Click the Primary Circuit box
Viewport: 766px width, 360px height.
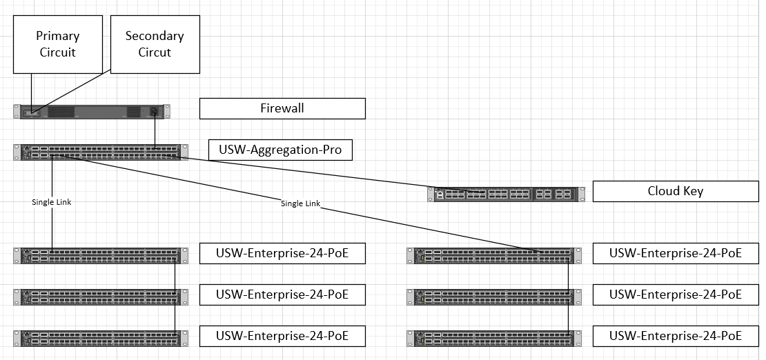[57, 44]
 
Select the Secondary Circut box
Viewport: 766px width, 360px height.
[155, 44]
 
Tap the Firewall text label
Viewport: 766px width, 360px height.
[282, 108]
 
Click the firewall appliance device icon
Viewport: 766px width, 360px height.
[91, 111]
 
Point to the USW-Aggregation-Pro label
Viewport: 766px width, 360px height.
[280, 150]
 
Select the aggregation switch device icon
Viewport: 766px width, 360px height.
[100, 152]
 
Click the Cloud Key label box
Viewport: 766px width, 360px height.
[675, 191]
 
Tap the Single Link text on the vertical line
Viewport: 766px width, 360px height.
[52, 202]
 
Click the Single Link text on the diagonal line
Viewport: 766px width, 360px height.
[300, 203]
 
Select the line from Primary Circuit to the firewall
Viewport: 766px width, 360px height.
[32, 90]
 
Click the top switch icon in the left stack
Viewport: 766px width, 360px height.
[100, 255]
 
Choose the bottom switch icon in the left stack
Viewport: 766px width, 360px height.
[100, 337]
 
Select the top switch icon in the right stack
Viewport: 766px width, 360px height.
[494, 255]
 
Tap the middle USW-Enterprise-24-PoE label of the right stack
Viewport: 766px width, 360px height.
[675, 294]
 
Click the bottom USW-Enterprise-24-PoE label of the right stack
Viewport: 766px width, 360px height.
[675, 336]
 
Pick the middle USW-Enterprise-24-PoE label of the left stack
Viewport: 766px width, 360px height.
[282, 294]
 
